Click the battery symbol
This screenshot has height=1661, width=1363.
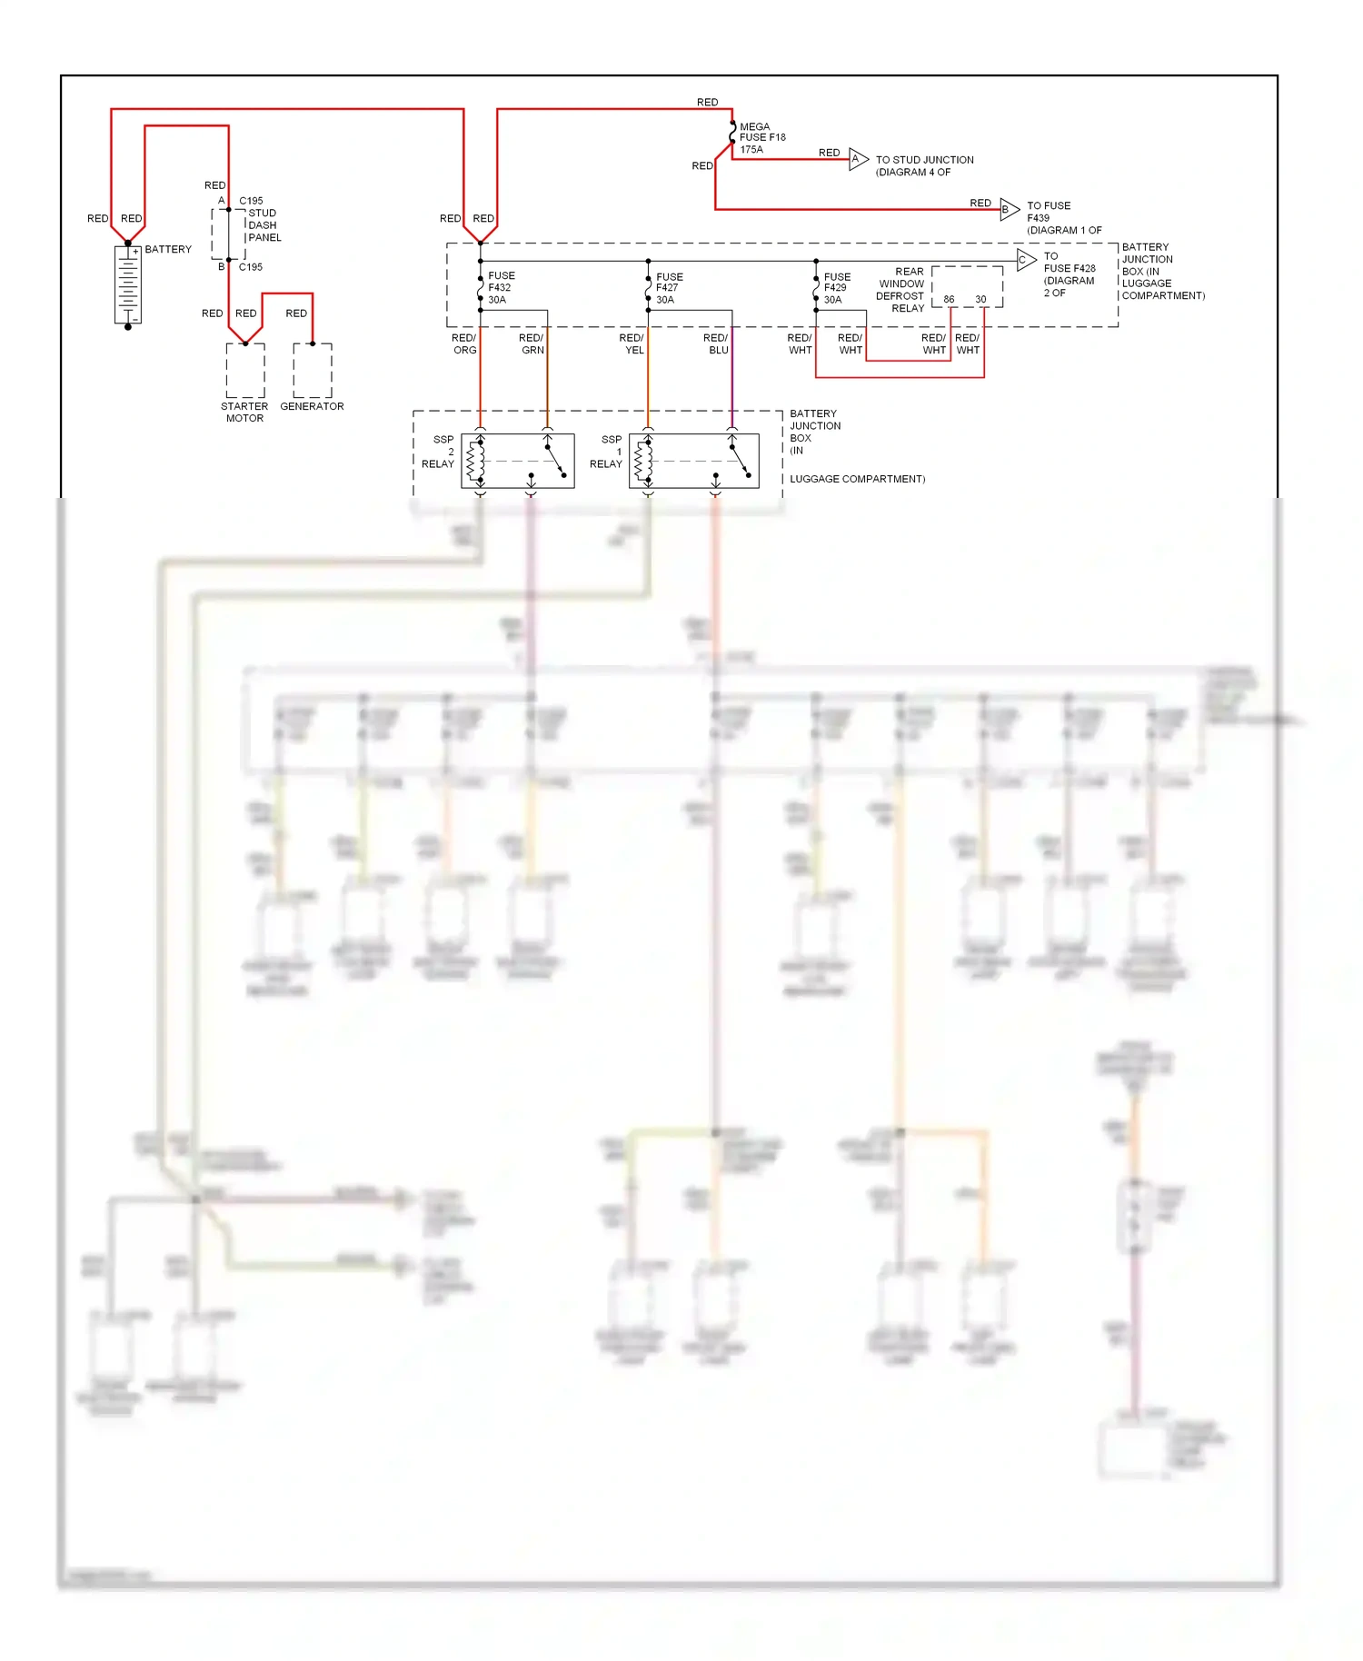[128, 284]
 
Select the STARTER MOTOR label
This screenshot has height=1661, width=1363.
[244, 413]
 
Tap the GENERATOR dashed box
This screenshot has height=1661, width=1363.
[313, 371]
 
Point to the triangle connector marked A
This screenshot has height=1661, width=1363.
[858, 159]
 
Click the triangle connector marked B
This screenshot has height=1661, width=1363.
[1008, 209]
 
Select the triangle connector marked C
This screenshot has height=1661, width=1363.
[1025, 260]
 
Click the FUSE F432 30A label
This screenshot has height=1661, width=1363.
[501, 288]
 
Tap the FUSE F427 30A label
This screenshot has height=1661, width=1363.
[669, 288]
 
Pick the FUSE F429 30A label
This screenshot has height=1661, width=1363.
[837, 288]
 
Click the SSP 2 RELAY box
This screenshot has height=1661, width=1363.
[518, 461]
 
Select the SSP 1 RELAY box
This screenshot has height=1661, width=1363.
[693, 461]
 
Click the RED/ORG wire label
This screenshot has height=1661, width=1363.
[464, 344]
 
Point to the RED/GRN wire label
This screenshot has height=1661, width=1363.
[532, 344]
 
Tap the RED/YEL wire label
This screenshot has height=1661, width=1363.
[632, 344]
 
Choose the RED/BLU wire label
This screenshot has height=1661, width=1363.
[716, 344]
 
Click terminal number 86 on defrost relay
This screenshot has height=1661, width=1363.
[949, 299]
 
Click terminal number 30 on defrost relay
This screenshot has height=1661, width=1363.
[980, 299]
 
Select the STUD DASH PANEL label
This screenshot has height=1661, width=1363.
[264, 225]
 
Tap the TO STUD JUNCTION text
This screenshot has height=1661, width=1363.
[924, 160]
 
